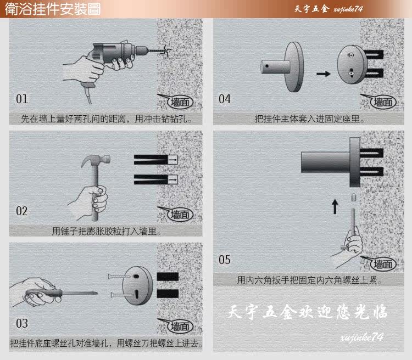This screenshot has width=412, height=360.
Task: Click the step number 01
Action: click(22, 99)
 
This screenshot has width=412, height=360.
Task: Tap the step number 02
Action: click(22, 211)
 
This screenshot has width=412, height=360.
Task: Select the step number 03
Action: click(22, 323)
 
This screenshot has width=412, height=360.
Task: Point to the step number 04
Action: click(225, 99)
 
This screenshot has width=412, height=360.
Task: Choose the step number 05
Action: click(225, 260)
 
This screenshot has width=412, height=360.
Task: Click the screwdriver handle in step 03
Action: click(43, 293)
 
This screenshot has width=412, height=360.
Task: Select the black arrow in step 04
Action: click(323, 74)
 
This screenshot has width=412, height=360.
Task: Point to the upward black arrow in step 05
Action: click(335, 206)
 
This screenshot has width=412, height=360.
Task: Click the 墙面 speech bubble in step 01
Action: click(176, 102)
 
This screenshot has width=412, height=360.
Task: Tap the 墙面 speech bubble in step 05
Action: click(380, 263)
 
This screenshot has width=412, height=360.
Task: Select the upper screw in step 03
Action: click(120, 276)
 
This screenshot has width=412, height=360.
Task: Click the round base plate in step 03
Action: click(137, 286)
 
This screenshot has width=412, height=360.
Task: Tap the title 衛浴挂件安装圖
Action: click(53, 9)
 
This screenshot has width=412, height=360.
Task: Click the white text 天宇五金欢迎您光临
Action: click(308, 312)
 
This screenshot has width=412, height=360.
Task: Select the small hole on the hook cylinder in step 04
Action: click(267, 66)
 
